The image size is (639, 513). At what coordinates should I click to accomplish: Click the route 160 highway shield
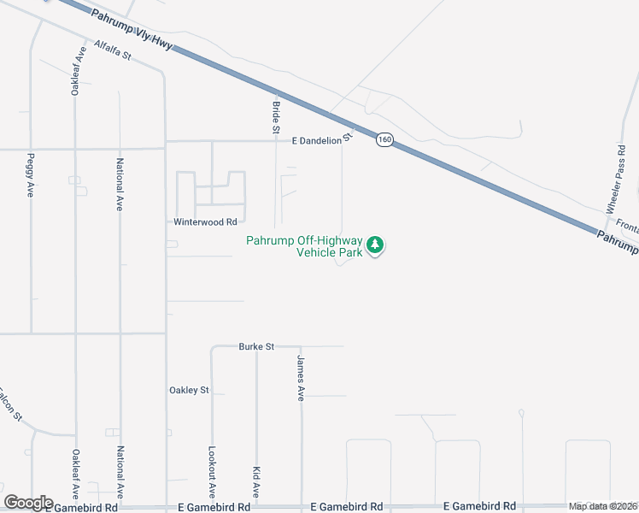point(385,139)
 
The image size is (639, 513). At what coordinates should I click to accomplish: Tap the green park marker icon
point(374,246)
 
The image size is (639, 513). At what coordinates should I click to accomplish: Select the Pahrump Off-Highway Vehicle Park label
point(304,246)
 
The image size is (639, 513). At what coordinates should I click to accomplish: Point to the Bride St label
point(275,117)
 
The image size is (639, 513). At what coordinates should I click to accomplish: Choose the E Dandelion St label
point(322,140)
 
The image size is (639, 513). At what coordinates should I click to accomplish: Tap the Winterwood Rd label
point(205,221)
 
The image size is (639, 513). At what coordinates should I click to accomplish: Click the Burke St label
point(256,347)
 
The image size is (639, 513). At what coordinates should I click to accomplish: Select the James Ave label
point(301,378)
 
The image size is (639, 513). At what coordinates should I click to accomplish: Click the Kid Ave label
point(256,481)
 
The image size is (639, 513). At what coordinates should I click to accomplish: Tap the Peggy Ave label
point(31,174)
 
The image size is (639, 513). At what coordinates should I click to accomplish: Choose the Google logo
point(28,503)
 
